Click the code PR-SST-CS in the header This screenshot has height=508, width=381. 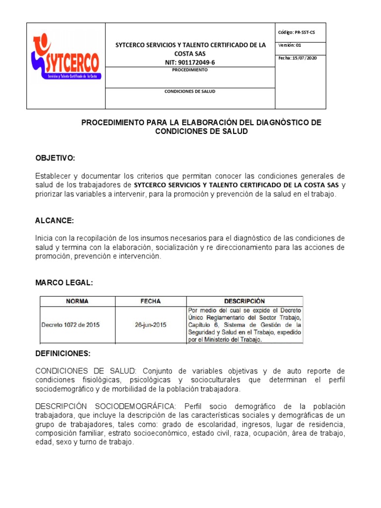point(303,32)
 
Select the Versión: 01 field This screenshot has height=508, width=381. point(290,45)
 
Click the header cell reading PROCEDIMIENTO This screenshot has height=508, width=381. point(190,70)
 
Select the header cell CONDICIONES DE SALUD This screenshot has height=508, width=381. point(190,92)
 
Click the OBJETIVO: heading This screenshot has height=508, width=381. point(55,158)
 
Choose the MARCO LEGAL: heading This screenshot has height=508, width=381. point(64,283)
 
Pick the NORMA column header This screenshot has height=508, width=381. point(77,301)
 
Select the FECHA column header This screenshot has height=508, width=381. point(150,301)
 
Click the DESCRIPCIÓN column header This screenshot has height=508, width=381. point(244,301)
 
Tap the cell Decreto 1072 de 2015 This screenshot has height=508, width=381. point(71,325)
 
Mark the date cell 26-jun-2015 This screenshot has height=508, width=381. point(150,325)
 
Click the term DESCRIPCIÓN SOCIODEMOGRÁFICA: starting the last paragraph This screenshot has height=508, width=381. point(105,407)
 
